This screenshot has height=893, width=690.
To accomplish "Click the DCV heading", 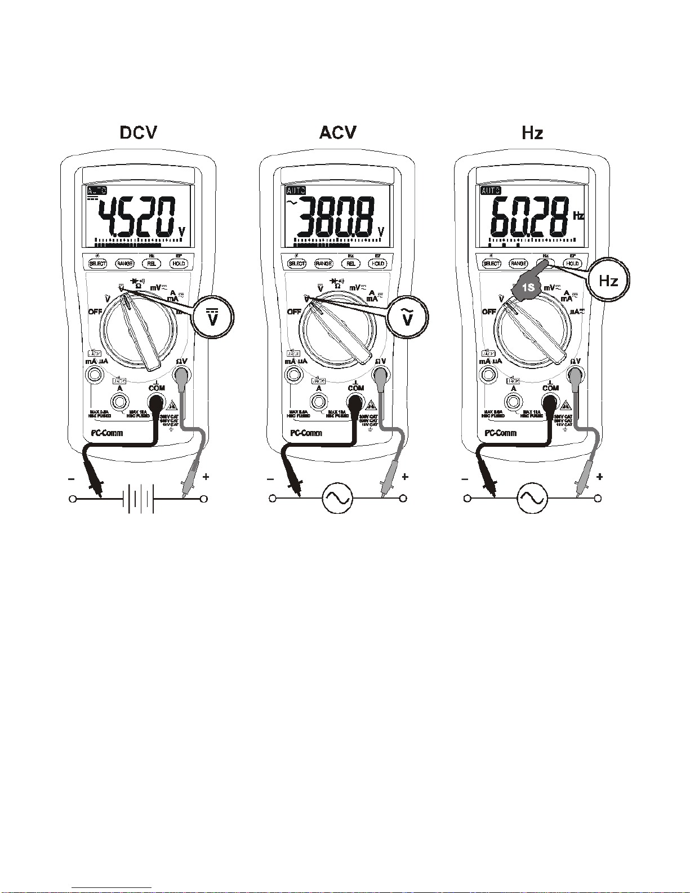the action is point(139,132).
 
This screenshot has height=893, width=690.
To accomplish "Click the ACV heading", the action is point(337,132).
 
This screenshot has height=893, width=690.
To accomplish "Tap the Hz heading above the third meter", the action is point(532,133).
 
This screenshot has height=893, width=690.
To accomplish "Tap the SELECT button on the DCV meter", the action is point(98,264).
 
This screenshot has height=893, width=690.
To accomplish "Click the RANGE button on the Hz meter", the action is point(518,264).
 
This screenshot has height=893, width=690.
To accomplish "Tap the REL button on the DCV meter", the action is point(152,264).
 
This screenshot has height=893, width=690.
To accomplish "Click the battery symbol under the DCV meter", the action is point(139,499).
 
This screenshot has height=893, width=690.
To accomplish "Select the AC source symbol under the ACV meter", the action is point(337,498).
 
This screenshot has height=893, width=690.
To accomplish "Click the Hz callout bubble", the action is point(608,281).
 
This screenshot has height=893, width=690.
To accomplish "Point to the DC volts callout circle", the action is point(212,318).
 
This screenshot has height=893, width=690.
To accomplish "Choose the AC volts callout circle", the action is point(407,318).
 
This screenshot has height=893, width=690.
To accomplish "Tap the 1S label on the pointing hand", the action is point(528,287).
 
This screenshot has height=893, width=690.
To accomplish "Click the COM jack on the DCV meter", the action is point(156,402).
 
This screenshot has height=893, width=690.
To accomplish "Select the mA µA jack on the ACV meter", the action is point(293,374).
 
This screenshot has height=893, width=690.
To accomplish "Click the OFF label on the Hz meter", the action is point(488,312).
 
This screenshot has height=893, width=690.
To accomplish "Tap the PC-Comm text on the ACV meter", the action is point(306,433).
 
